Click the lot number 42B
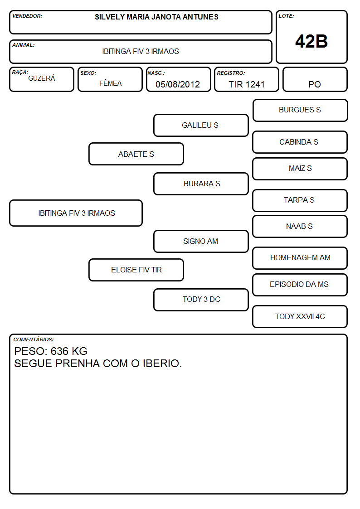coord(311,41)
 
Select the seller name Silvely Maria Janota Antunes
coord(156,17)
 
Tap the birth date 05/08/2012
coord(178,84)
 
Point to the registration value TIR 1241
coord(246,84)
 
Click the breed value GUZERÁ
coord(42,78)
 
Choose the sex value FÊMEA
coord(110,83)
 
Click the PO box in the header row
coord(315,79)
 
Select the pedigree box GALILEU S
coord(201,125)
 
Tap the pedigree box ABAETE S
coord(136,154)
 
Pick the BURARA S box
coord(201,184)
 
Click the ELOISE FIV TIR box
coord(136,270)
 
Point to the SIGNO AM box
coord(201,241)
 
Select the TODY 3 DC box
coord(201,300)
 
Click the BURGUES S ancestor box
coord(300,111)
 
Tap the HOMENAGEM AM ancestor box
coord(300,258)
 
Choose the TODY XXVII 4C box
coord(300,316)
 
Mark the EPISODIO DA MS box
coord(300,285)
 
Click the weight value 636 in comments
coord(59,351)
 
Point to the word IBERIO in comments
coord(162,364)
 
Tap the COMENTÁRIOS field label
coord(34,339)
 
